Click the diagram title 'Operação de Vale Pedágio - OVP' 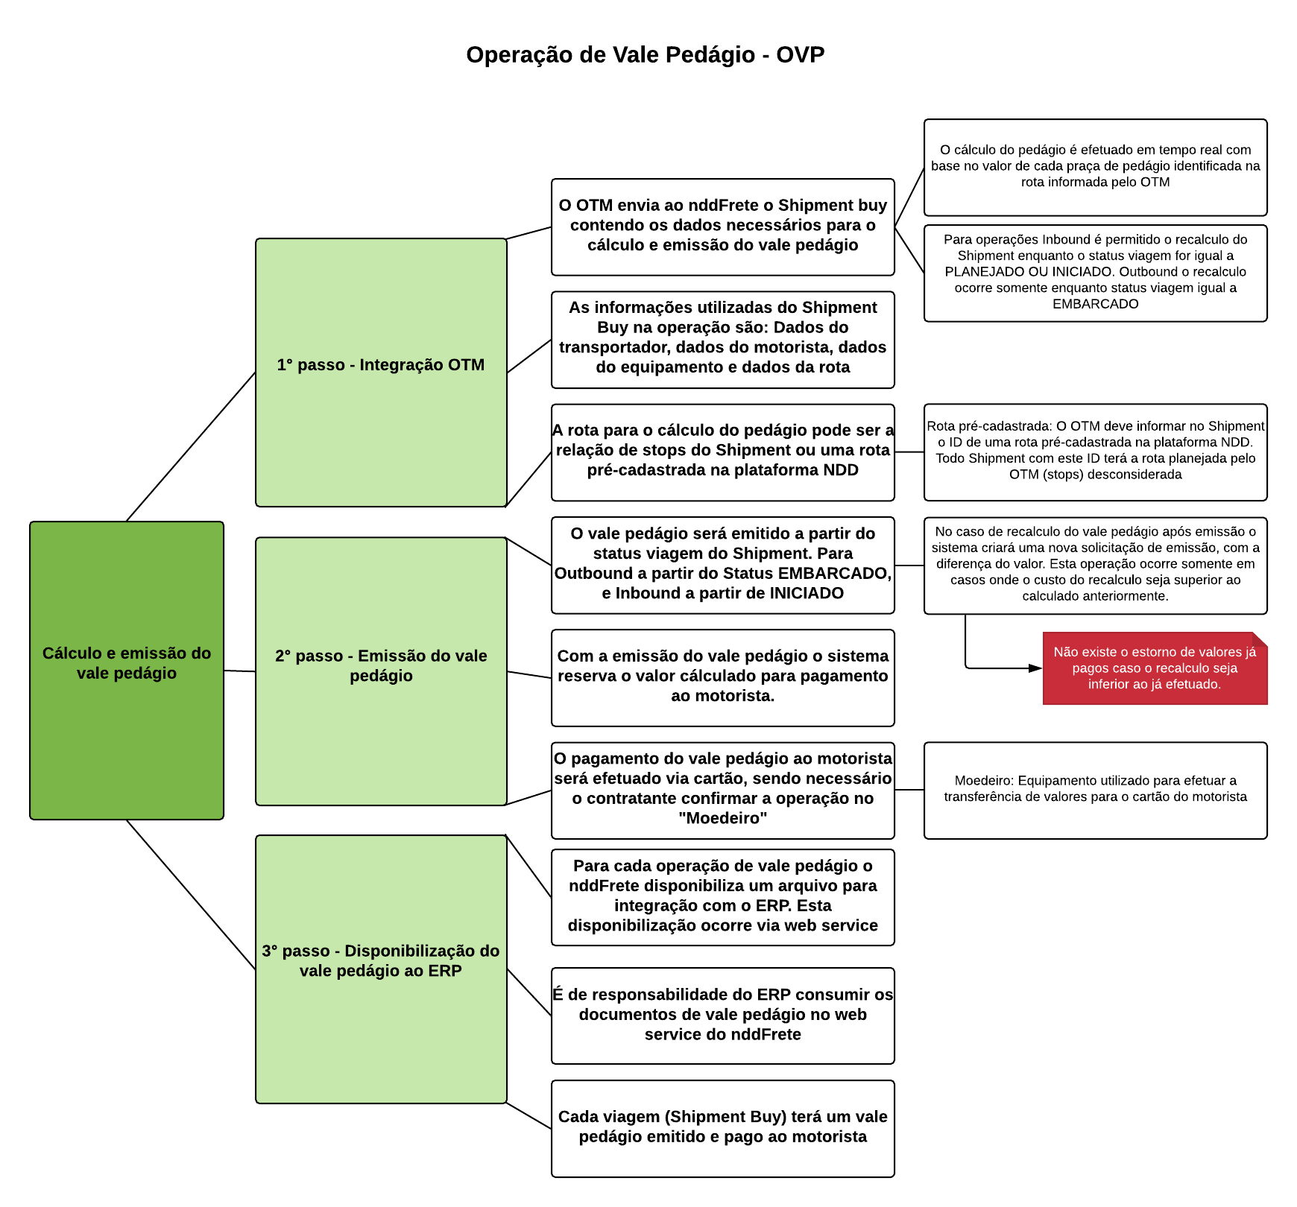tap(645, 55)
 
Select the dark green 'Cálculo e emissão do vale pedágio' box tap(127, 670)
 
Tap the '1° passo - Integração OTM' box tap(381, 372)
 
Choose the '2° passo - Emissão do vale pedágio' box tap(381, 671)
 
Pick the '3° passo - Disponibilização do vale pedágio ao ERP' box tap(381, 969)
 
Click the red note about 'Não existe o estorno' tap(1155, 668)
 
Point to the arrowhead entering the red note tap(1035, 668)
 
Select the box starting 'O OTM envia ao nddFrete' tap(722, 226)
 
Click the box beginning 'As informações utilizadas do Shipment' tap(722, 339)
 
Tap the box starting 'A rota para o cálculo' tap(722, 452)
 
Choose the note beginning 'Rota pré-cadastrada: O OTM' tap(1095, 452)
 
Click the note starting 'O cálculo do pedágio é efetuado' tap(1095, 167)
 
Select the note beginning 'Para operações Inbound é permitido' tap(1095, 273)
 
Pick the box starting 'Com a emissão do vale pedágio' tap(722, 677)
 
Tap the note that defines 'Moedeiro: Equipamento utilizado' tap(1095, 790)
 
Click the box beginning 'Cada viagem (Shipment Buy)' tap(722, 1128)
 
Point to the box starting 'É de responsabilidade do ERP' tap(722, 1016)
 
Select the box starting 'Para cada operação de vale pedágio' tap(722, 897)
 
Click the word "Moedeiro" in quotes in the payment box tap(722, 819)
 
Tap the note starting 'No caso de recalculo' tap(1095, 565)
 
